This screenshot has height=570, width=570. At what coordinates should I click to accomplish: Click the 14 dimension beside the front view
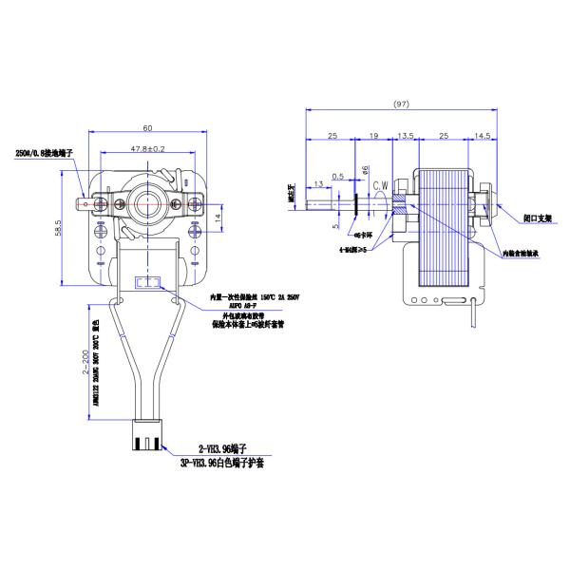[218, 218]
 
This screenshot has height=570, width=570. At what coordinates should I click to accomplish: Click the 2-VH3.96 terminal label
[222, 446]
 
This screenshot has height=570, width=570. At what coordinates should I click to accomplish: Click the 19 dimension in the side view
[374, 138]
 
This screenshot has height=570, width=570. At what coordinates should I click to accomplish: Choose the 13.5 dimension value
[406, 138]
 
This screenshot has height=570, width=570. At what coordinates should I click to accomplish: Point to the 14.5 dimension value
[483, 138]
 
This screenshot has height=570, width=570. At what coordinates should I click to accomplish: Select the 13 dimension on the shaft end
[314, 181]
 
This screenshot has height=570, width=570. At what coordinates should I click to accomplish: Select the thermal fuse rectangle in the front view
[147, 282]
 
